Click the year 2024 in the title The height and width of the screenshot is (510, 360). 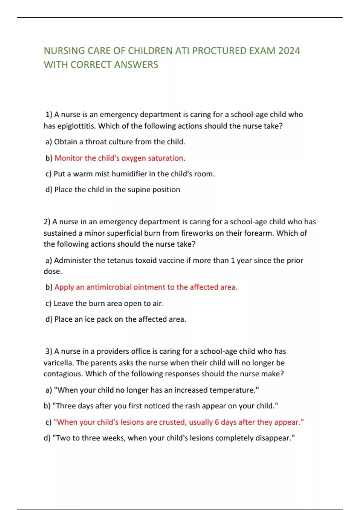click(289, 51)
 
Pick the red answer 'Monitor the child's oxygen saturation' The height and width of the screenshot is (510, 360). click(119, 158)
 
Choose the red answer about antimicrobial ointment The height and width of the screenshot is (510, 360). click(146, 287)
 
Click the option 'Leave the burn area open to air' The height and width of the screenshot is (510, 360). click(109, 303)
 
